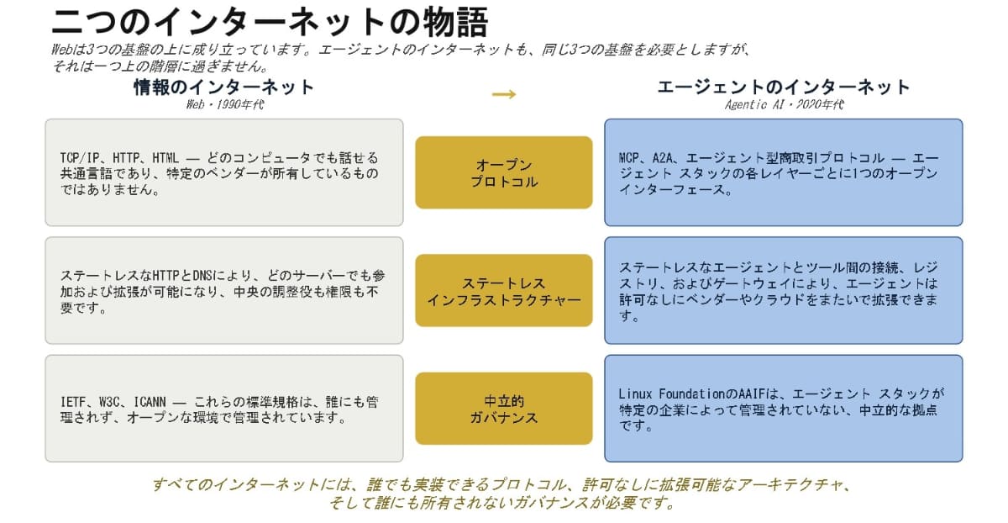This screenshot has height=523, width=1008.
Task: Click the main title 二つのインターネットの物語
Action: [270, 22]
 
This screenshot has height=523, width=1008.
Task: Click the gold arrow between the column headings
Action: [504, 94]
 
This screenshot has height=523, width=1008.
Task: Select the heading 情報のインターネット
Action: [223, 87]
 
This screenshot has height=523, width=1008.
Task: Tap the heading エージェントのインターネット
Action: [784, 87]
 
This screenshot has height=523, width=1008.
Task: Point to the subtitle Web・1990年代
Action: [225, 104]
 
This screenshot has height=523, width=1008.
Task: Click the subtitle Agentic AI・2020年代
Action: [784, 104]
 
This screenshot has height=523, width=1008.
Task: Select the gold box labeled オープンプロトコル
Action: [503, 172]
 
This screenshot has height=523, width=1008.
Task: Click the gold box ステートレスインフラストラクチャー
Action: [503, 291]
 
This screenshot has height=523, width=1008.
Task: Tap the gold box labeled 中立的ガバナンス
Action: [503, 409]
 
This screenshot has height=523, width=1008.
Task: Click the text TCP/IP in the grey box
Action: [80, 158]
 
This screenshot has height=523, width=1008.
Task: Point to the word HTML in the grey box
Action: [165, 158]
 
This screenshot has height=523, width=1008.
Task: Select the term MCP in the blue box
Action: [629, 158]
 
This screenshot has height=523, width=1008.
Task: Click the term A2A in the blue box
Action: [663, 158]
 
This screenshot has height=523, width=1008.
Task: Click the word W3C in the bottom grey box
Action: [109, 402]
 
